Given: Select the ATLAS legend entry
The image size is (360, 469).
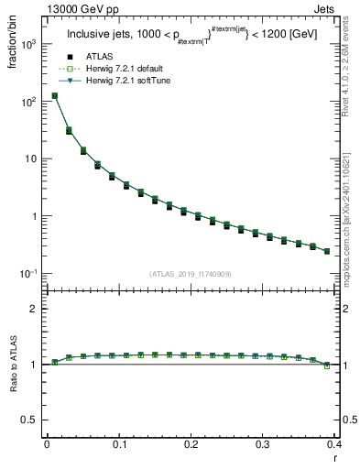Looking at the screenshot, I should point(97,58).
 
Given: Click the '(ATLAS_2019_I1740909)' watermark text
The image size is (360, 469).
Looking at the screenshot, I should point(190,273).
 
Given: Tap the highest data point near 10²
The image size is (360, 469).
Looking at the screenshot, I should point(54,95).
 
